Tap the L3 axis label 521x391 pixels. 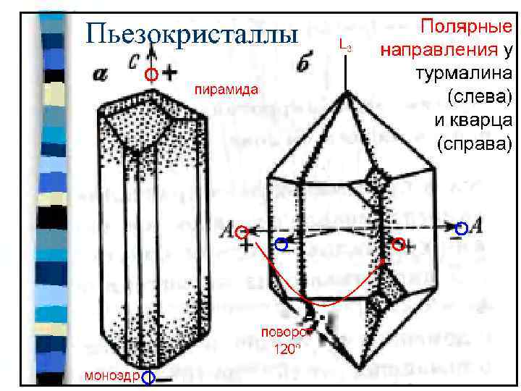click(x=346, y=47)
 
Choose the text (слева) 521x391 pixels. click(x=479, y=96)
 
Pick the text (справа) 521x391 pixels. click(x=474, y=143)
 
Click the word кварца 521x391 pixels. click(x=482, y=119)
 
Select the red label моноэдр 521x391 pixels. click(x=111, y=375)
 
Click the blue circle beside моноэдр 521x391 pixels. click(x=148, y=377)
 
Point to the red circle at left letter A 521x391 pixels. click(x=242, y=232)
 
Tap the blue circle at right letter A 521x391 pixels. click(x=460, y=226)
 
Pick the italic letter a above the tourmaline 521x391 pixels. click(x=101, y=74)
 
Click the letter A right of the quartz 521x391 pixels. click(x=477, y=227)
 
